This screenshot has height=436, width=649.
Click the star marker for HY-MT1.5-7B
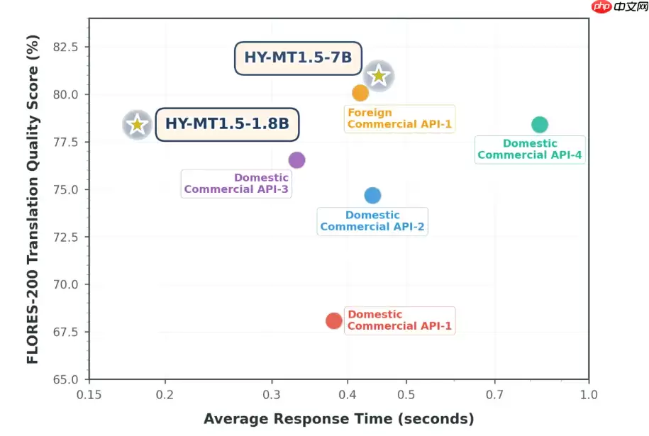pos(379,75)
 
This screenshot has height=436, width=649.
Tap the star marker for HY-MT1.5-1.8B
pos(137,125)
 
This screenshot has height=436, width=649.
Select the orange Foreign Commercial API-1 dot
pos(360,93)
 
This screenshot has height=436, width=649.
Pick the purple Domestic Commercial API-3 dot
pos(296,160)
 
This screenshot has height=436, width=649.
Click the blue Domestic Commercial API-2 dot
pos(372,195)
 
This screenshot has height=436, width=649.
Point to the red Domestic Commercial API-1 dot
pos(334,320)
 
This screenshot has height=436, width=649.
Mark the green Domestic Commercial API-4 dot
pos(540,125)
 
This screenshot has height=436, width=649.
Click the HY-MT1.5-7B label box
pos(298,57)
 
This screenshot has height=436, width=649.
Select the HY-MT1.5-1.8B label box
pos(227,124)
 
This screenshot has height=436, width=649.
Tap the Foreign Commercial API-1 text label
pos(399,118)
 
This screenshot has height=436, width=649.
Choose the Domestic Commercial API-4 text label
pos(531,150)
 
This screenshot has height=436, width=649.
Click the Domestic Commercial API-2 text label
pos(372,221)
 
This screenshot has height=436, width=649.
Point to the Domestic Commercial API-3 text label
pos(236,184)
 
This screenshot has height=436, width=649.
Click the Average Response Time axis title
pos(338,419)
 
